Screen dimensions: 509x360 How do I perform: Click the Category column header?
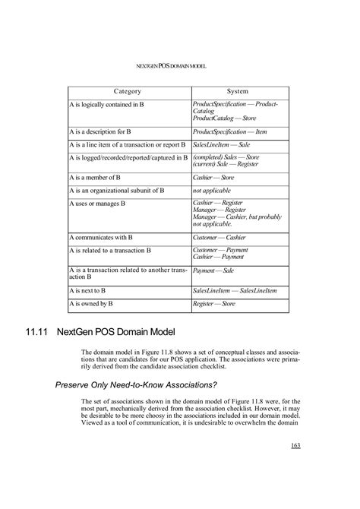coord(128,91)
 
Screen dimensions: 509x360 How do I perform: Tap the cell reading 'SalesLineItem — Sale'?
coord(219,144)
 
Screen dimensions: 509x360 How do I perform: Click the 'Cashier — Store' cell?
coord(213,177)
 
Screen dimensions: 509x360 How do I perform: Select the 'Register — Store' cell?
coord(214,303)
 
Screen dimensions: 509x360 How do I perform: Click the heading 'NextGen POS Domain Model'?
coord(115,333)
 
